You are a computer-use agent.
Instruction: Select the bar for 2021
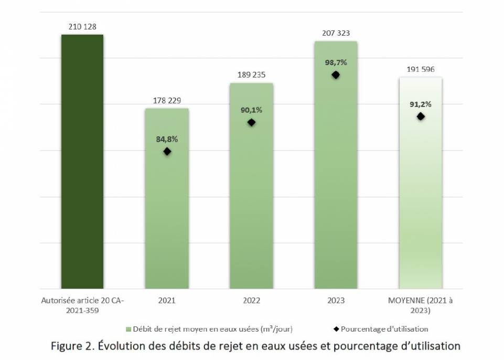click(167, 210)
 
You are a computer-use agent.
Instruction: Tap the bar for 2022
click(251, 199)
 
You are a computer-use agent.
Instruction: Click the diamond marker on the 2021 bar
click(167, 151)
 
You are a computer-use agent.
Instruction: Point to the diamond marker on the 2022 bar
click(251, 122)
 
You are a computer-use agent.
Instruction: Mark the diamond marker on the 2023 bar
click(336, 75)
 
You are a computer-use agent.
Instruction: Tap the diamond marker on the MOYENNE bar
click(421, 116)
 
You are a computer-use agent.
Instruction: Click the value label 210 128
click(82, 26)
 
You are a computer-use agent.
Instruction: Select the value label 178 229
click(167, 100)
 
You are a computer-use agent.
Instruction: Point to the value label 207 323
click(336, 33)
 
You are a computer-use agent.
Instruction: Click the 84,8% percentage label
click(167, 139)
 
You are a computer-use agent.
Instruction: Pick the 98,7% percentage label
click(336, 62)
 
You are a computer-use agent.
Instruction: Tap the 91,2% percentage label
click(421, 104)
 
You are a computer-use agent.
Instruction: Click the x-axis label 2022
click(251, 301)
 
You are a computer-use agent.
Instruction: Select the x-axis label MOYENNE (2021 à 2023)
click(420, 305)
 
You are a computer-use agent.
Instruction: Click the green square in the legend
click(128, 329)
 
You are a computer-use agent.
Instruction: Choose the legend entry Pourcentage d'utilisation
click(384, 329)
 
